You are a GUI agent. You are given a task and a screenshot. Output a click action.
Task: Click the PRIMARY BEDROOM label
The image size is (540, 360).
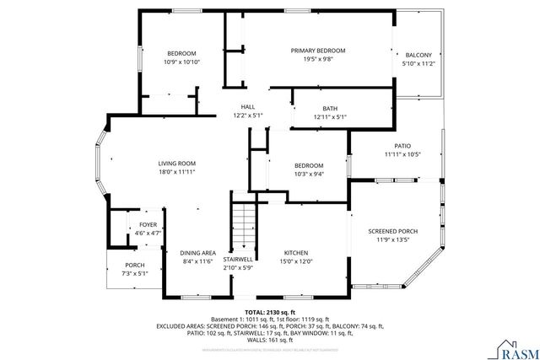[318, 51]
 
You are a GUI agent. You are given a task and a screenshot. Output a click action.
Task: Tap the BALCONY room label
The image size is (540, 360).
[418, 55]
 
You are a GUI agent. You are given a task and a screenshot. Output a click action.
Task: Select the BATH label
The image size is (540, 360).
[330, 108]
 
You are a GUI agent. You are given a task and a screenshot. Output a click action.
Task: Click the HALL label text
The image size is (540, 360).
[248, 106]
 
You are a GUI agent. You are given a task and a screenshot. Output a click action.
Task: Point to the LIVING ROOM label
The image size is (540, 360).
[177, 163]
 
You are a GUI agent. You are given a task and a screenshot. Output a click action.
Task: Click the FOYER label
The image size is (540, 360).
[148, 224]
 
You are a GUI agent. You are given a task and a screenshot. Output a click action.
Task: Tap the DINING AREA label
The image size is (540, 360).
[197, 253]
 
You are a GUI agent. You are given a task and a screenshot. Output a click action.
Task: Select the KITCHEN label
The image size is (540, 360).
[295, 253]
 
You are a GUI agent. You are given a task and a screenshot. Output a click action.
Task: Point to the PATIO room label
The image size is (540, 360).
[402, 145]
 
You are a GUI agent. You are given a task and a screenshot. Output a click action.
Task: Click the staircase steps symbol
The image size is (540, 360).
[243, 223]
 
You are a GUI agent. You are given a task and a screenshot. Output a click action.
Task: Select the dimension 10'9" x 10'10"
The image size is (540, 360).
[181, 62]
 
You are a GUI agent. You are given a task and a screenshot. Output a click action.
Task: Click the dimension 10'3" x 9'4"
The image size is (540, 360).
[308, 174]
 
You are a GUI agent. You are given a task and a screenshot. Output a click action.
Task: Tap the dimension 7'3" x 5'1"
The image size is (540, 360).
[135, 273]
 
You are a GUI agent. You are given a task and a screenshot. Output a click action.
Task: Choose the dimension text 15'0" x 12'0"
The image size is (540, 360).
[295, 261]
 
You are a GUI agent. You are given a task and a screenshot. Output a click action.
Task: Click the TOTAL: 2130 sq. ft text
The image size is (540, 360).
[269, 312]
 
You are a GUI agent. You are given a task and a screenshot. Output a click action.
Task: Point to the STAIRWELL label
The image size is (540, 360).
[238, 259]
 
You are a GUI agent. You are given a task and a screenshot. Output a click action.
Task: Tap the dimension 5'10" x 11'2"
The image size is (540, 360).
[418, 64]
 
